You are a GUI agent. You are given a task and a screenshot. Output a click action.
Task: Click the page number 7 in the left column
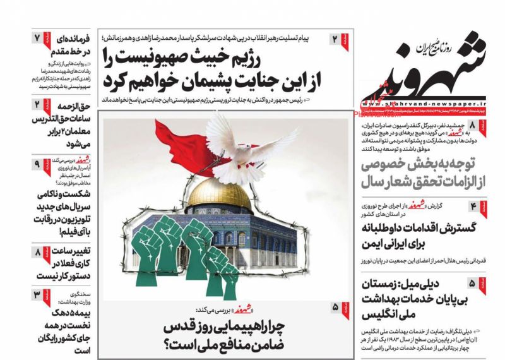pyautogui.click(x=37, y=37)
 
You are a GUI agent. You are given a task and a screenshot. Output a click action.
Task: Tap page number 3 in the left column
pyautogui.click(x=37, y=296)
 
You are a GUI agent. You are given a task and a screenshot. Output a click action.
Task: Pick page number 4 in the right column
pyautogui.click(x=473, y=207)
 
